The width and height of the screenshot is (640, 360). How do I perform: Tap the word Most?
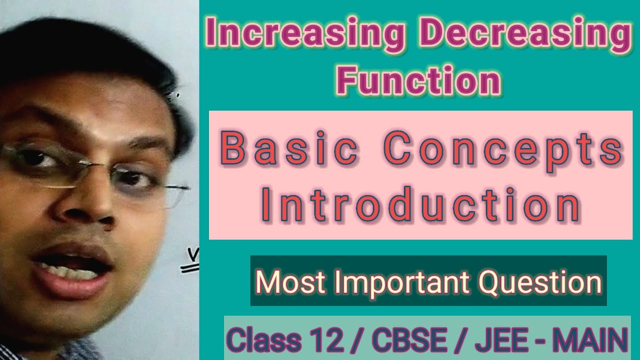coord(283,282)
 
